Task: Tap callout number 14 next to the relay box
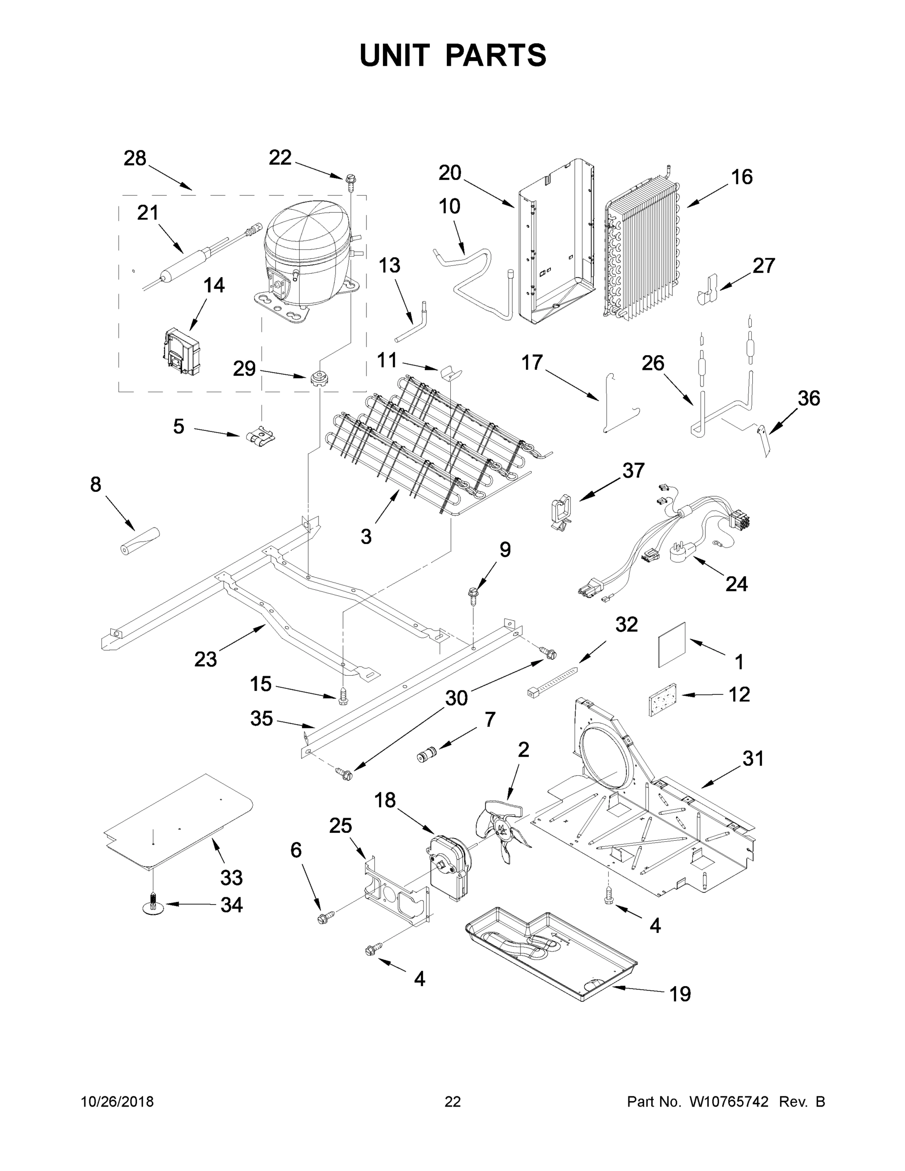coord(214,285)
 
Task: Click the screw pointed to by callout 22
coord(351,181)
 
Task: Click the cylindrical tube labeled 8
coord(140,542)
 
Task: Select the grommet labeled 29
coord(319,378)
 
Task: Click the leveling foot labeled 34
coord(153,906)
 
